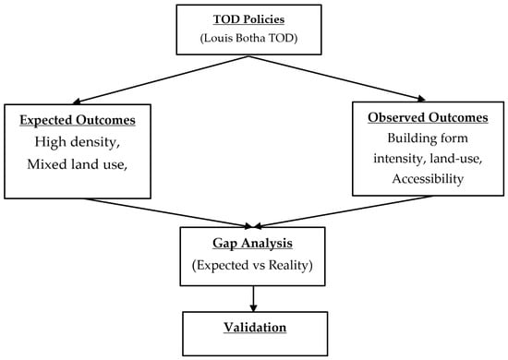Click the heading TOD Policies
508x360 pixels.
click(x=248, y=19)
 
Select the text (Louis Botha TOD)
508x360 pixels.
click(x=248, y=38)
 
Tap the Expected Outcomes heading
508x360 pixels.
click(x=78, y=120)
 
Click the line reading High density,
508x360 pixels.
click(x=78, y=142)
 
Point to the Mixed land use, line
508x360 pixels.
click(x=77, y=164)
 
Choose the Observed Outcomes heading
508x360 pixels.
click(x=428, y=117)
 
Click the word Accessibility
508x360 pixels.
click(x=428, y=179)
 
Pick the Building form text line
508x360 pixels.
click(x=428, y=138)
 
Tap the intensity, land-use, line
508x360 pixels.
click(x=428, y=159)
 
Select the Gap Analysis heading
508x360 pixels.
click(x=253, y=243)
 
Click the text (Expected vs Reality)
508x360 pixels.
click(x=252, y=265)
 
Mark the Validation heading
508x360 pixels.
click(x=255, y=328)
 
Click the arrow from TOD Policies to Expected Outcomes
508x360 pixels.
click(x=161, y=80)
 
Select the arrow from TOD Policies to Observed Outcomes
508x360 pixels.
click(x=337, y=78)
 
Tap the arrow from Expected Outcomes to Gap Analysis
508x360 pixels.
click(x=168, y=213)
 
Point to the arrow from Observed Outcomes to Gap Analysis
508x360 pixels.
click(x=343, y=211)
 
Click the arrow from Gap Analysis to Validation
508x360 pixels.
click(x=253, y=299)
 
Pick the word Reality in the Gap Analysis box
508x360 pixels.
click(x=289, y=265)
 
